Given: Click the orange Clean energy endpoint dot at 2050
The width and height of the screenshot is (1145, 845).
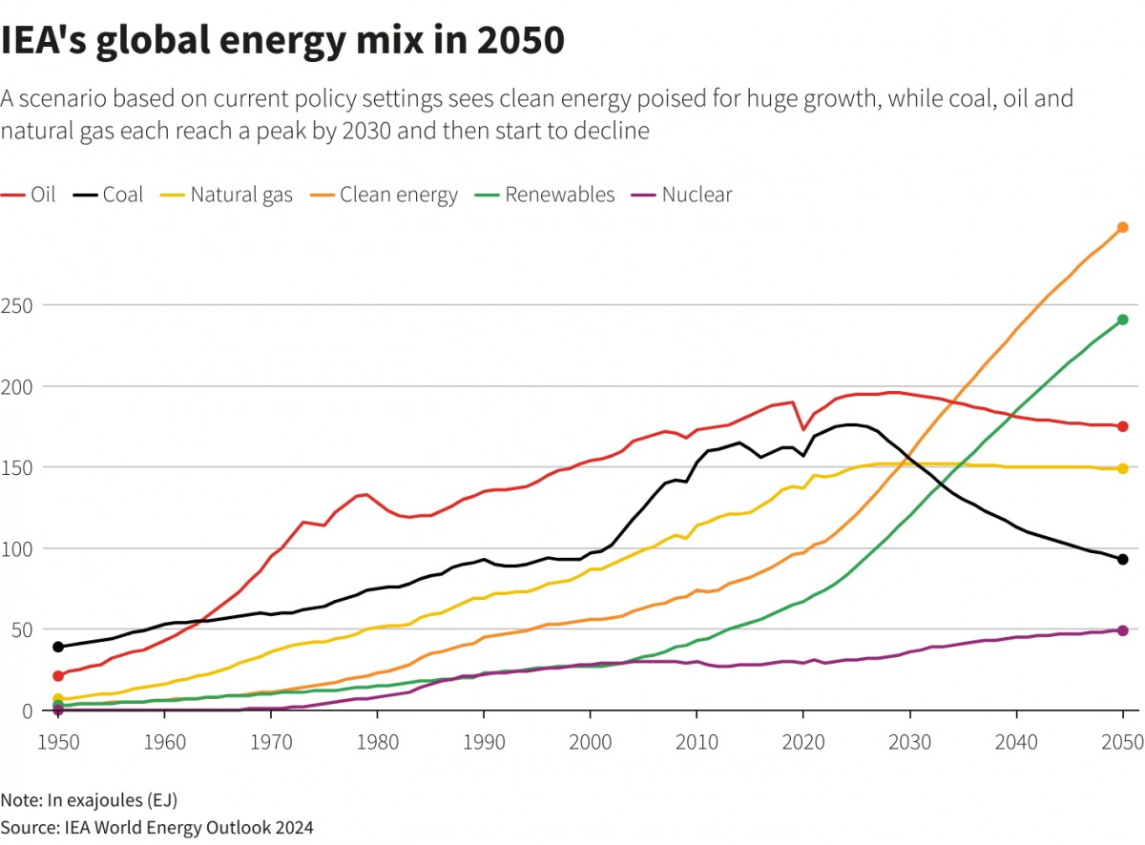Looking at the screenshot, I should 1123,227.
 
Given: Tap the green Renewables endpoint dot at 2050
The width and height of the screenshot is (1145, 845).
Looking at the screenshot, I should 1123,319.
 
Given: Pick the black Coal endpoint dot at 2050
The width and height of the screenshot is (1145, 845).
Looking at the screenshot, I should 1123,560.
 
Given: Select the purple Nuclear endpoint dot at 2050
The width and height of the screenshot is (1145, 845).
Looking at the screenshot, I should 1123,630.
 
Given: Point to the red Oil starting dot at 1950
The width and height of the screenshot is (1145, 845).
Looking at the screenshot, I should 58,676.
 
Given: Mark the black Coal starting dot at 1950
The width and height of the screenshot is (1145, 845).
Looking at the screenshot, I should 58,647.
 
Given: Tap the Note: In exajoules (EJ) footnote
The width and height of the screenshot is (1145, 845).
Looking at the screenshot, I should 89,799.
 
